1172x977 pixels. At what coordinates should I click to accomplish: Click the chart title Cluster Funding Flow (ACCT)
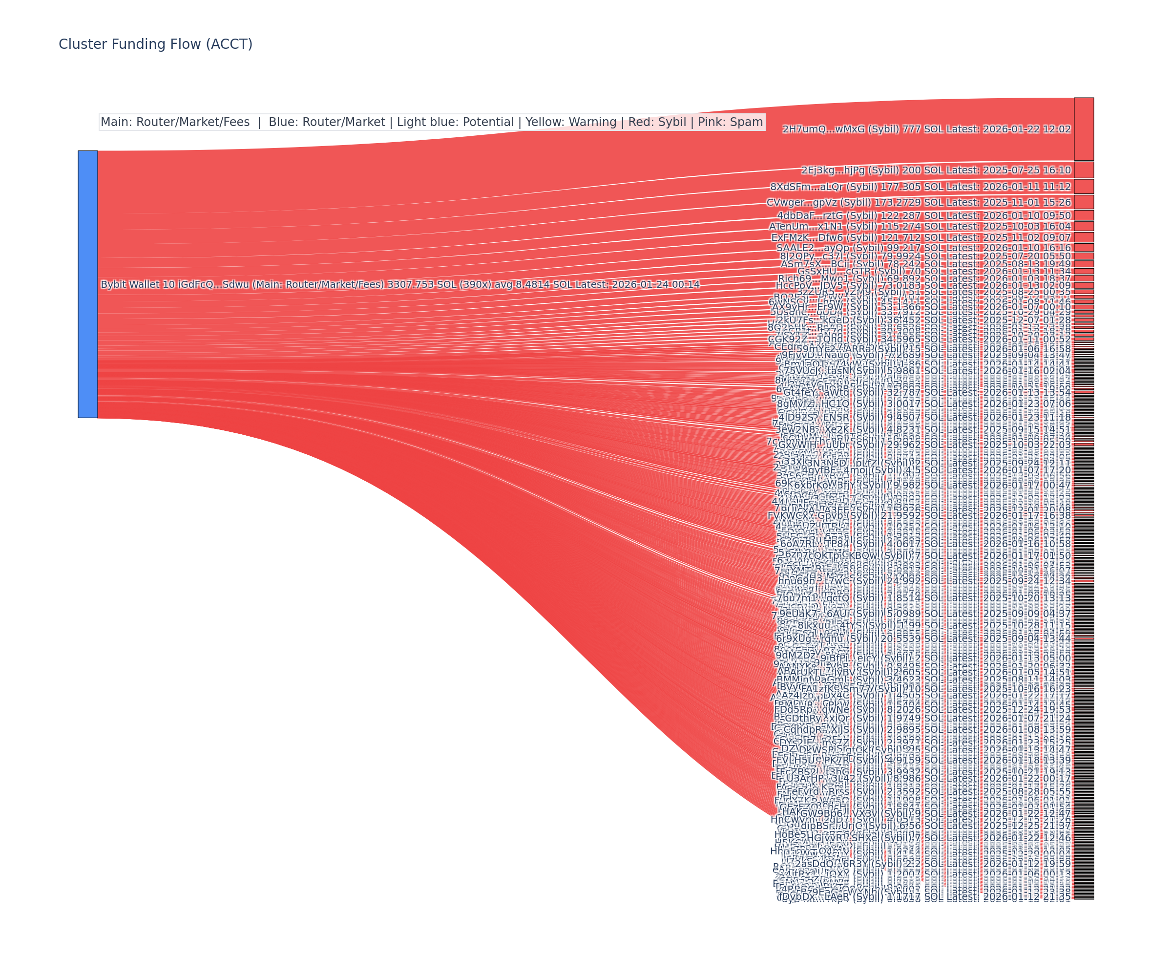tap(155, 44)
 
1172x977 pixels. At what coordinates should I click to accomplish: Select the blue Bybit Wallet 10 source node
tap(87, 284)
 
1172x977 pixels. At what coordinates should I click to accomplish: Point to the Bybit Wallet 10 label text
tap(399, 285)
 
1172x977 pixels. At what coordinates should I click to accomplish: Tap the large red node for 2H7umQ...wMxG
tap(1083, 129)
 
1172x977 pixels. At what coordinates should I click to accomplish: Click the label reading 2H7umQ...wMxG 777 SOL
tap(926, 129)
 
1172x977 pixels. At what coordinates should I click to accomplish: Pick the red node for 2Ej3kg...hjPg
tap(1083, 170)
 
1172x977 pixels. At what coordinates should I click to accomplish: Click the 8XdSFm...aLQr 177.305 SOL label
tap(920, 187)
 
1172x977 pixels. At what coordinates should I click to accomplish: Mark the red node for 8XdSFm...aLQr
tap(1083, 187)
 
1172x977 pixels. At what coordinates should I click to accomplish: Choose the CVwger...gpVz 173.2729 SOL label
tap(918, 203)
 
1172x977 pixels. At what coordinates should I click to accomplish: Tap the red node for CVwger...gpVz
tap(1083, 202)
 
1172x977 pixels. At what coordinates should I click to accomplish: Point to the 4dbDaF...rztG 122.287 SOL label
tap(923, 215)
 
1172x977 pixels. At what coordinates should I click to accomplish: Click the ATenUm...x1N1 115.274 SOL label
tap(919, 227)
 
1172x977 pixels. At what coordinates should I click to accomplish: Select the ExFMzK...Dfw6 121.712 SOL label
tap(921, 238)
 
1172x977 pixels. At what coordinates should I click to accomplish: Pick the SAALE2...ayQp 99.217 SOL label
tap(923, 248)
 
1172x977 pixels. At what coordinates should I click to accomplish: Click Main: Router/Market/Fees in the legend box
tap(175, 122)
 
